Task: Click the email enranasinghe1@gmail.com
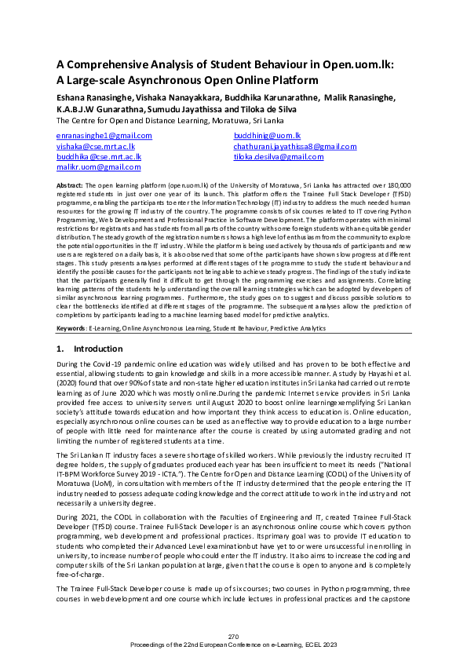tap(104, 136)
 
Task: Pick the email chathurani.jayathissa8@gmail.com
tap(294, 146)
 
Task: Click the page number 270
tap(233, 635)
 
